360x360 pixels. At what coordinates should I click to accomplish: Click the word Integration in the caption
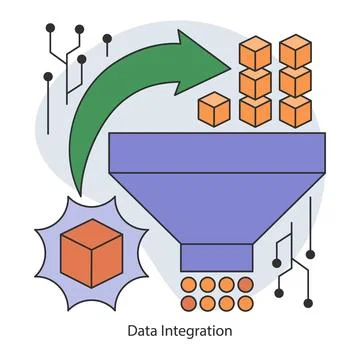[195, 330]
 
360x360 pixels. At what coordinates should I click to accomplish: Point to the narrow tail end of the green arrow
[78, 185]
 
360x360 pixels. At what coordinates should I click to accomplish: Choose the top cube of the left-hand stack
[255, 52]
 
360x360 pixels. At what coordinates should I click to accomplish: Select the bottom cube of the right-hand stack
[296, 109]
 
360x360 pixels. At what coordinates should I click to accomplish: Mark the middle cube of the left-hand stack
[255, 81]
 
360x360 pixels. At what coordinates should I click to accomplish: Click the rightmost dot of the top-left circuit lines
[107, 39]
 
